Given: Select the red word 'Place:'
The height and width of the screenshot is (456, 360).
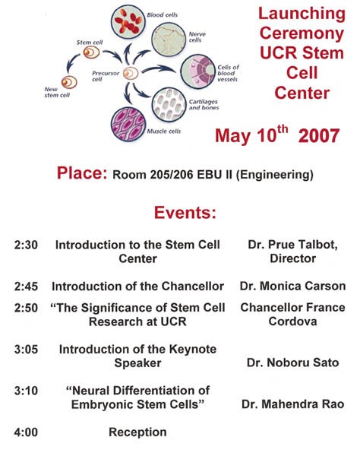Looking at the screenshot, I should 82,173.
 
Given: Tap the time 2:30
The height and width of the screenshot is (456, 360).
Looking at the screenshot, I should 27,245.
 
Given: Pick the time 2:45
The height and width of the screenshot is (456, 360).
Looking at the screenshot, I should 27,287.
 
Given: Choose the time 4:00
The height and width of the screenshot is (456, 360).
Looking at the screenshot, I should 27,432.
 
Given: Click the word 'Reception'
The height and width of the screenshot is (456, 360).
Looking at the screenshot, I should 137,432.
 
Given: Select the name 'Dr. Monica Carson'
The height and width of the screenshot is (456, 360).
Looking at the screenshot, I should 292,287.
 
